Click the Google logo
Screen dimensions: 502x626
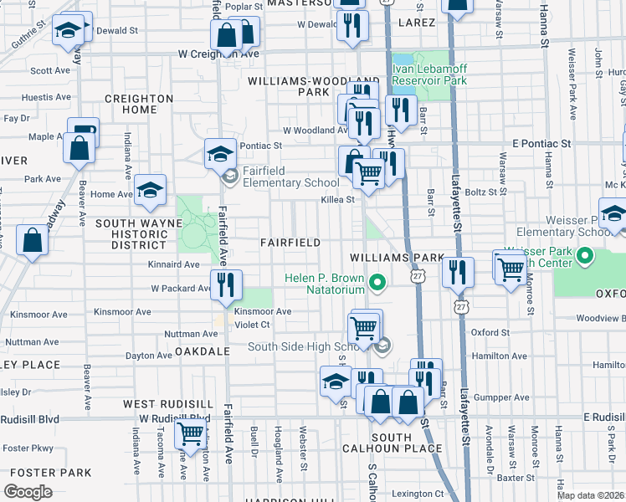[x=28, y=492]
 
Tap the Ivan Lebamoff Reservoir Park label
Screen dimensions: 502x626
[x=430, y=75]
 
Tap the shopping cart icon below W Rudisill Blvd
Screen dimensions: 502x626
[x=190, y=434]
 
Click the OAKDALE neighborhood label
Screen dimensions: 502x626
[x=202, y=352]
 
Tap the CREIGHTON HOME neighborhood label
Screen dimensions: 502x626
[x=138, y=104]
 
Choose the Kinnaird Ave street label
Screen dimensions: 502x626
[x=175, y=264]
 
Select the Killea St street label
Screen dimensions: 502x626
[x=339, y=200]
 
